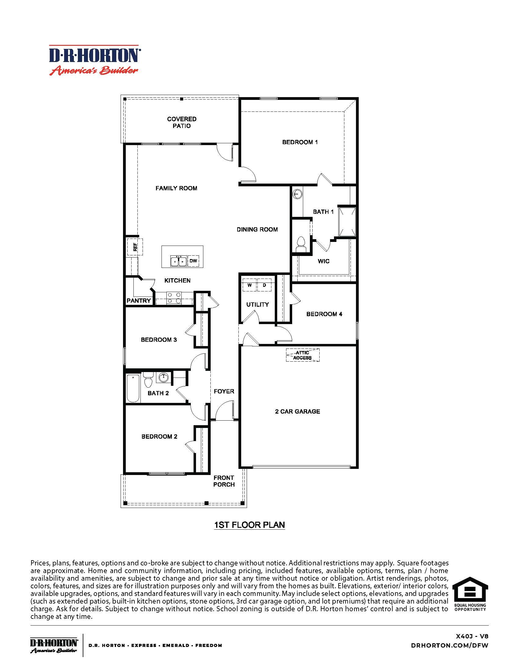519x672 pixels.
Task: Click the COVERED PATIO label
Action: pos(181,122)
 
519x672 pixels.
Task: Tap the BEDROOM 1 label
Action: pos(300,142)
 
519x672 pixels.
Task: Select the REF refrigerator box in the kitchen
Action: pos(135,247)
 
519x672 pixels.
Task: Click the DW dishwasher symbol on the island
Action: pos(193,261)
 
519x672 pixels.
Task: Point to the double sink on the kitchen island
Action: pos(178,261)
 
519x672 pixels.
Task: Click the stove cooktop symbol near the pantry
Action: pos(174,298)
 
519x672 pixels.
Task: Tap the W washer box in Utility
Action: pos(250,285)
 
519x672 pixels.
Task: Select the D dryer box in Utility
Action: pos(264,285)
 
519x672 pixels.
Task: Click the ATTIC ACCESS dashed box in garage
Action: pos(303,355)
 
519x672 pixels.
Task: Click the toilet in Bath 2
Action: pos(148,380)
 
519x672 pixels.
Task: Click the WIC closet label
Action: pos(323,261)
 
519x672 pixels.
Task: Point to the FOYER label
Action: pos(224,391)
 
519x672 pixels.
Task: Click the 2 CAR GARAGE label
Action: pos(297,411)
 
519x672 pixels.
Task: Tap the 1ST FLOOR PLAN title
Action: pos(249,525)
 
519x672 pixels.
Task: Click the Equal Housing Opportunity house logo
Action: pos(470,592)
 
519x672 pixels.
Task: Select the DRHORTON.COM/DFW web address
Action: pos(449,645)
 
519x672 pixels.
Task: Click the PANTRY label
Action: pos(139,301)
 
